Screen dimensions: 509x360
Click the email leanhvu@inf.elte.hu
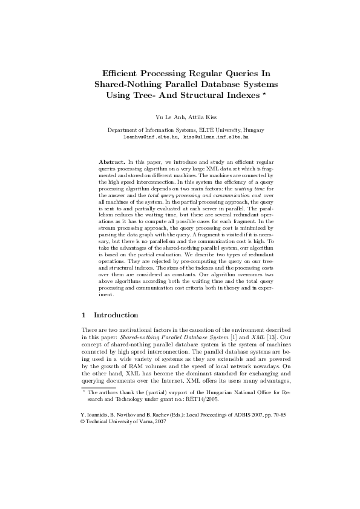coord(149,137)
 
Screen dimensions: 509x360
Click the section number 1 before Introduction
coord(83,315)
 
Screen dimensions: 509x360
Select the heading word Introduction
coord(116,315)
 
